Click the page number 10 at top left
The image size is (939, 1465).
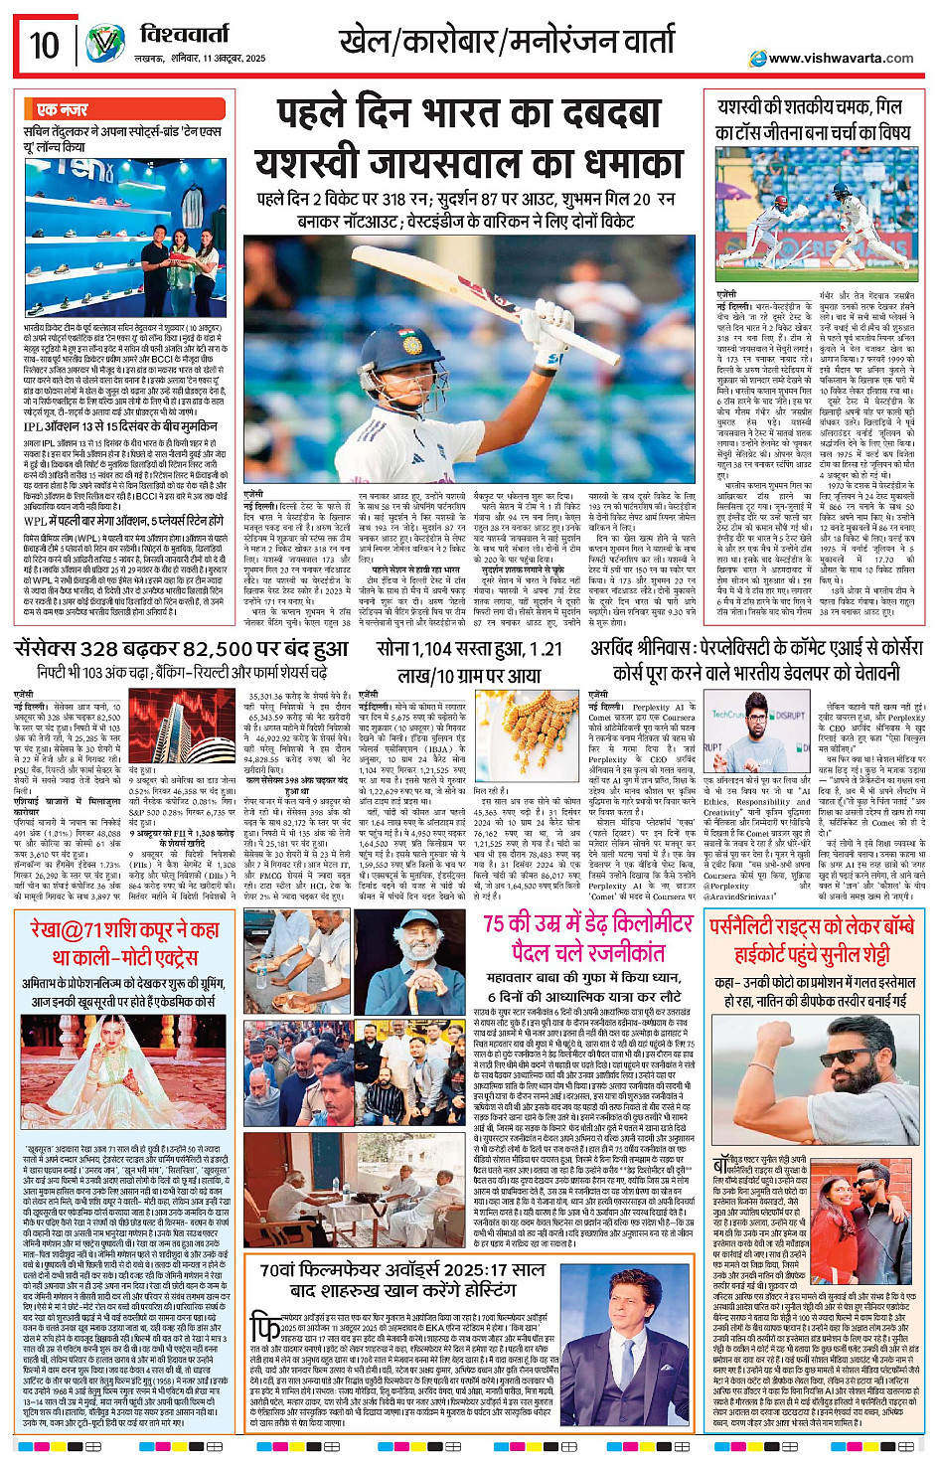44,45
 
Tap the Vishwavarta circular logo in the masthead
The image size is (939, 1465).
104,44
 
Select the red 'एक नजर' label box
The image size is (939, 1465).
62,109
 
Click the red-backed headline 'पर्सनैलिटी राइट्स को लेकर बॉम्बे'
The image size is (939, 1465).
812,926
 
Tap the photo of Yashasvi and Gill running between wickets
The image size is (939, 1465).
817,215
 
